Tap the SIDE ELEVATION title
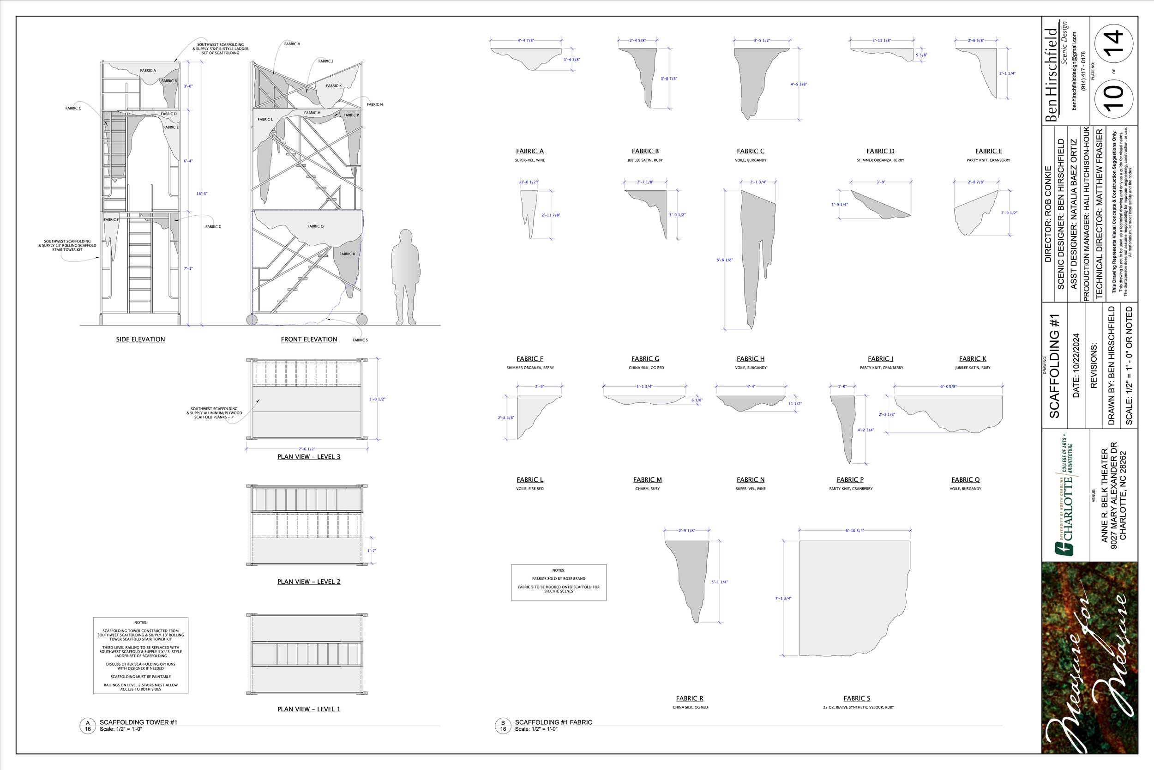coord(140,340)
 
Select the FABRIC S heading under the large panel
coord(857,698)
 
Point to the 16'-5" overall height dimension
coord(202,194)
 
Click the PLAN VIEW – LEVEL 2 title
coord(309,582)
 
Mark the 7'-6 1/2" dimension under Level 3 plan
coord(307,449)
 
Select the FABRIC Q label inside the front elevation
coord(315,226)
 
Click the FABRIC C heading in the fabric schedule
coord(750,151)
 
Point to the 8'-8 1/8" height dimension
coord(725,260)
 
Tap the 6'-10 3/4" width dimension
coord(855,531)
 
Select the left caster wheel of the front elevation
coord(252,320)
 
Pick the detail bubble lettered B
coord(502,725)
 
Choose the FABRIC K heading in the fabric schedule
coord(973,359)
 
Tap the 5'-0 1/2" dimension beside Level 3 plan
coord(377,399)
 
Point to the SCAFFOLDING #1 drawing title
coord(1054,366)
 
